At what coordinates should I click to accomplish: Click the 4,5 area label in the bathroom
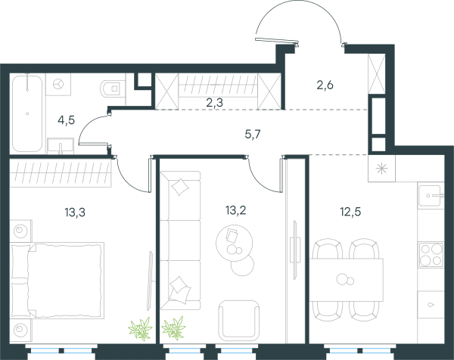(x=67, y=119)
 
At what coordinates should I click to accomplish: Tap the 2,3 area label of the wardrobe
(x=215, y=102)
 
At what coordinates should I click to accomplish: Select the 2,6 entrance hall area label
(x=325, y=85)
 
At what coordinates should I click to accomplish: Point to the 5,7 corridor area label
(x=253, y=135)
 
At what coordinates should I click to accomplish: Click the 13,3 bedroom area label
(x=75, y=213)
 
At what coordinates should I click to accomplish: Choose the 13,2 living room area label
(x=235, y=210)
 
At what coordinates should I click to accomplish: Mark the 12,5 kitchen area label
(x=350, y=212)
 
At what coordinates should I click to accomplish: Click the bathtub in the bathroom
(x=27, y=113)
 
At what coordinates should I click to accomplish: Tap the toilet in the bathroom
(x=110, y=88)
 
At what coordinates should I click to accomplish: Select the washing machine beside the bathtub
(x=58, y=84)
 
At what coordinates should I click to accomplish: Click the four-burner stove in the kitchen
(x=431, y=255)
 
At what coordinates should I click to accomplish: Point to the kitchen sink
(x=431, y=196)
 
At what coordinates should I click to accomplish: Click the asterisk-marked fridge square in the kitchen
(x=381, y=169)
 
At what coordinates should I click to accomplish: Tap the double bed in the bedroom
(x=57, y=281)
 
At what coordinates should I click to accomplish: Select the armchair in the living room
(x=239, y=321)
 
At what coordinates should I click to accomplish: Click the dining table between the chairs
(x=347, y=280)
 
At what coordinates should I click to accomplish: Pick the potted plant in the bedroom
(x=141, y=328)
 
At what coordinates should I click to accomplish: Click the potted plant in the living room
(x=173, y=327)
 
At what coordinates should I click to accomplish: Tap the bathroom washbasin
(x=61, y=145)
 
